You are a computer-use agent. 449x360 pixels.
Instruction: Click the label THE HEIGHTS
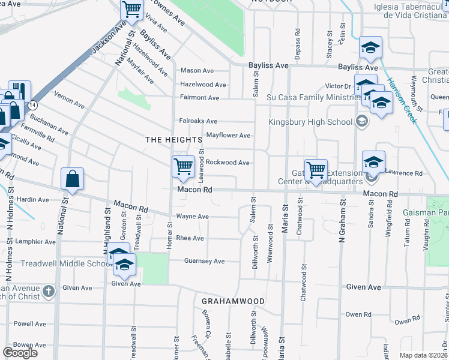click(x=173, y=139)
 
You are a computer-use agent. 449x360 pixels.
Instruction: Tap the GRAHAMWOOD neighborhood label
click(x=233, y=301)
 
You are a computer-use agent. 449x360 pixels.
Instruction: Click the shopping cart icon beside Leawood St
click(x=182, y=167)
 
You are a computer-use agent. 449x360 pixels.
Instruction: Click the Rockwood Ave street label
click(x=228, y=163)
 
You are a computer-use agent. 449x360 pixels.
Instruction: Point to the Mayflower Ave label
click(x=228, y=136)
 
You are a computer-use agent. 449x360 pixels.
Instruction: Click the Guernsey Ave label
click(x=204, y=261)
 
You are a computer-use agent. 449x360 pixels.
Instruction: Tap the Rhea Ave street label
click(x=190, y=238)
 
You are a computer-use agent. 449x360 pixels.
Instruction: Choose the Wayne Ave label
click(x=192, y=217)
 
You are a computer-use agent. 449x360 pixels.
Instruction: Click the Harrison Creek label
click(x=401, y=100)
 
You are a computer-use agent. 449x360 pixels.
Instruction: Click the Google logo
click(x=20, y=353)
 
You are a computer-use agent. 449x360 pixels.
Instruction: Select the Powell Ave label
click(x=30, y=323)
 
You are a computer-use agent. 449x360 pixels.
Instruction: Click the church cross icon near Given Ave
click(x=49, y=291)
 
